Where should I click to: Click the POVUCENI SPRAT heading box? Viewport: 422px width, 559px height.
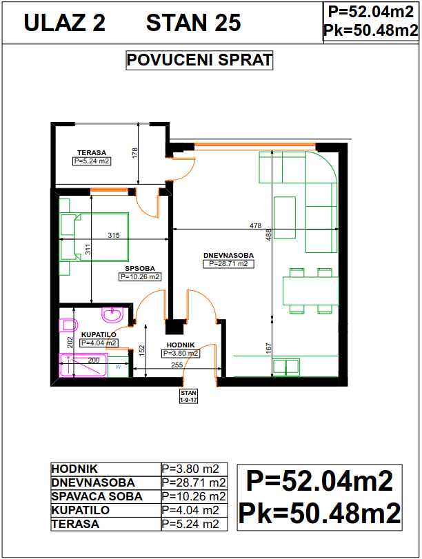[x=199, y=60]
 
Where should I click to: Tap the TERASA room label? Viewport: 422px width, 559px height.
[x=92, y=152]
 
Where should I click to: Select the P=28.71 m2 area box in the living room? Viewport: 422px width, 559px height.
[x=229, y=264]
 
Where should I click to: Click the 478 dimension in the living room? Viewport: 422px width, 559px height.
[x=255, y=225]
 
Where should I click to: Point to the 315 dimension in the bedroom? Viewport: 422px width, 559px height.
[x=114, y=235]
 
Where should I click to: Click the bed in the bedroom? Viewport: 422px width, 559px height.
[x=94, y=237]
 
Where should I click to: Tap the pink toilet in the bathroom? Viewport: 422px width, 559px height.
[x=68, y=325]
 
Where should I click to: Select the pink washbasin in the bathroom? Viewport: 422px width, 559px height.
[x=112, y=315]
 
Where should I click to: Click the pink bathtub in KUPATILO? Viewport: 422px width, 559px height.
[x=83, y=365]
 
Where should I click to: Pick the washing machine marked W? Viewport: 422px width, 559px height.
[x=118, y=367]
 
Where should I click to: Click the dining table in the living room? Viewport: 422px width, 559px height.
[x=311, y=291]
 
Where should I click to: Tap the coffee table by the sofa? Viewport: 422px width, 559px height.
[x=285, y=218]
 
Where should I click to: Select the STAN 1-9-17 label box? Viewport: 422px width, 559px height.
[x=188, y=396]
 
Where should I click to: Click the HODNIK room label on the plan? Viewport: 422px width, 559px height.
[x=181, y=345]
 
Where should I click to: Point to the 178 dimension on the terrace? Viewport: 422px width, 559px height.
[x=134, y=153]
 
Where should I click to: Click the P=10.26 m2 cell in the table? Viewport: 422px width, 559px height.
[x=194, y=496]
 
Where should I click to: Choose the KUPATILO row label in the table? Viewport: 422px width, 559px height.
[x=80, y=510]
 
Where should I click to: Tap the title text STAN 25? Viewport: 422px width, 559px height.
[x=194, y=23]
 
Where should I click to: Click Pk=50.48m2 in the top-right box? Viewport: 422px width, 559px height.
[x=371, y=30]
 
